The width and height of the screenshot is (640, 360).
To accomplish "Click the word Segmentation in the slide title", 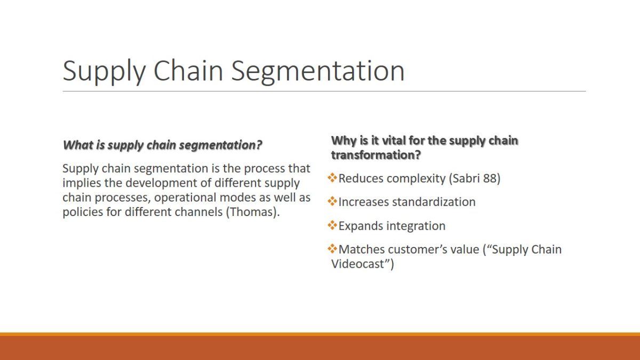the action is tap(317, 71).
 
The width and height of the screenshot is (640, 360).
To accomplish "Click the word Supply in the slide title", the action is tap(105, 71).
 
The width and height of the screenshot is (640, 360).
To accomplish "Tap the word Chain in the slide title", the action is tap(188, 70).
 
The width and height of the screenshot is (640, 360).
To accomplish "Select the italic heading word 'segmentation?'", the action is tap(221, 146).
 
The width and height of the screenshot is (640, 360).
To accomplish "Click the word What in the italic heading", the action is tap(78, 145).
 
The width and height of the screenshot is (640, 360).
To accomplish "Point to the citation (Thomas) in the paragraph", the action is tap(251, 212).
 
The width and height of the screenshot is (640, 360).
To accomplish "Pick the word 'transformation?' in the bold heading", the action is tap(376, 155).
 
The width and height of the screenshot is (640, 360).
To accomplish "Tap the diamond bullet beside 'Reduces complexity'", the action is tap(332, 178).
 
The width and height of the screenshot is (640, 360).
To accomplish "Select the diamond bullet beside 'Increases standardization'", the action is tap(332, 202).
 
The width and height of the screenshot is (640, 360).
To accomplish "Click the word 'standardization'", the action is tap(434, 202).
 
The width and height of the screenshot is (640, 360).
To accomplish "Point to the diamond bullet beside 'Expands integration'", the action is tap(332, 225).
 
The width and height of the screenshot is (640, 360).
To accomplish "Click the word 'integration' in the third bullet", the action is tap(416, 226).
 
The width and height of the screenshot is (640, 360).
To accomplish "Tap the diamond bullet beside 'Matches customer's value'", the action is tap(332, 249).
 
